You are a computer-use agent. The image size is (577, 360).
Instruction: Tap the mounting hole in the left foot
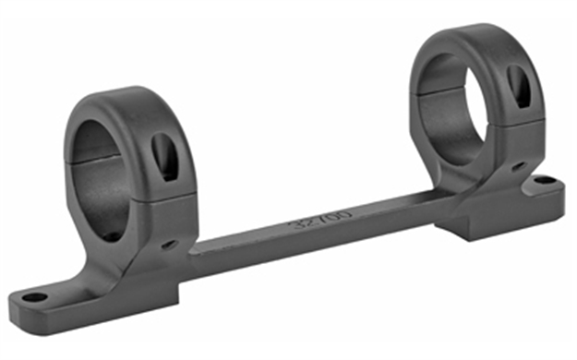coord(34,297)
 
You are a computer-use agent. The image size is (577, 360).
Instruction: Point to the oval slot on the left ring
coord(165,156)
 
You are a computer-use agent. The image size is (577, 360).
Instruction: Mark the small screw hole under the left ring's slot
coord(169,245)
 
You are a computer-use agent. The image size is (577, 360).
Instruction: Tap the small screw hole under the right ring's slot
coord(516,166)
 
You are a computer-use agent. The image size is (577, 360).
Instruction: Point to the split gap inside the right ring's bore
coord(443,92)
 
